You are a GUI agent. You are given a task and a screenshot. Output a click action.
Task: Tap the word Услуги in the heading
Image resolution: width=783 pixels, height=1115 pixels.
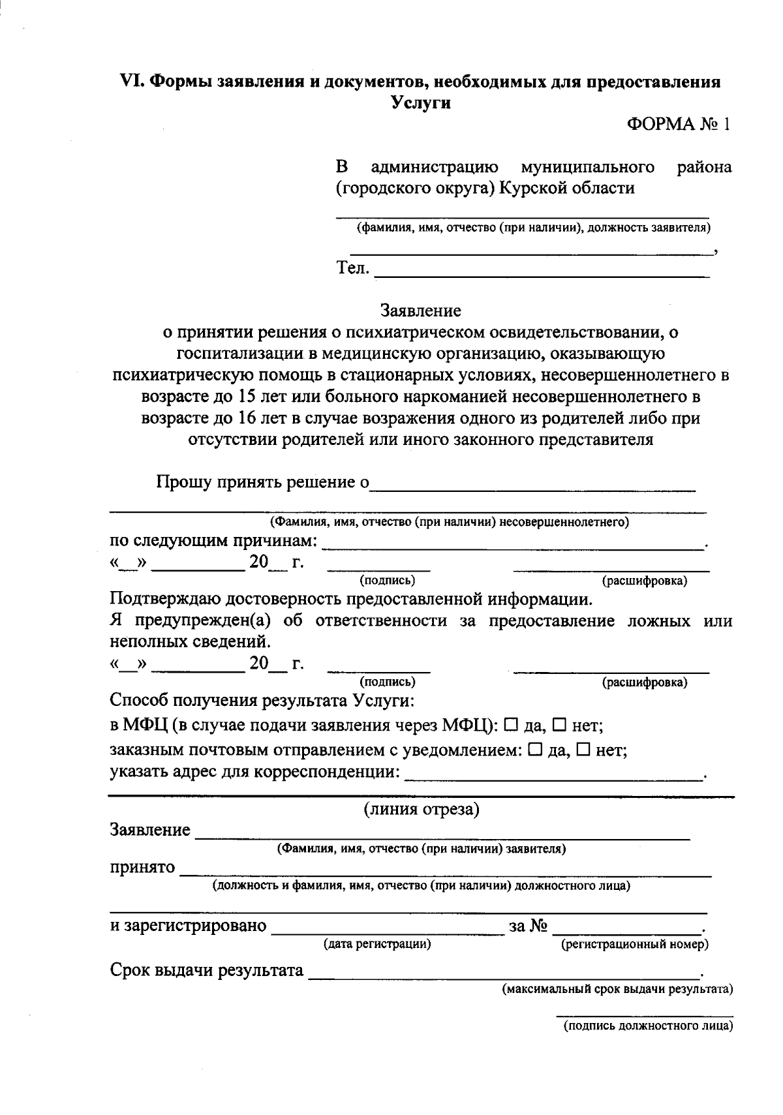click(421, 103)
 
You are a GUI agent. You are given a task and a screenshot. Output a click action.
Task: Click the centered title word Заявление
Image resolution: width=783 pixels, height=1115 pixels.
click(421, 311)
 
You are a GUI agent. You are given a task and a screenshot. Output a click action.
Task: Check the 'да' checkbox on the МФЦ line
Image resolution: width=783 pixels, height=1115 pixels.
click(512, 724)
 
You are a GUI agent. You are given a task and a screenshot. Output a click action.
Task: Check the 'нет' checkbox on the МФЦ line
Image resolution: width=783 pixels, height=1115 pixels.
click(560, 724)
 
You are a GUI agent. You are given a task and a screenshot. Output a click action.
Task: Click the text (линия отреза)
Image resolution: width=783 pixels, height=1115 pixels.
click(421, 810)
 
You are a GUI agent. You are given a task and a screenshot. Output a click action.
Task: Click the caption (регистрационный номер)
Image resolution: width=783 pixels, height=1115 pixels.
click(635, 944)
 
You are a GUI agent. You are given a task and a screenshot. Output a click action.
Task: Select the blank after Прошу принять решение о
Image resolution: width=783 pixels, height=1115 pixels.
click(532, 484)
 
